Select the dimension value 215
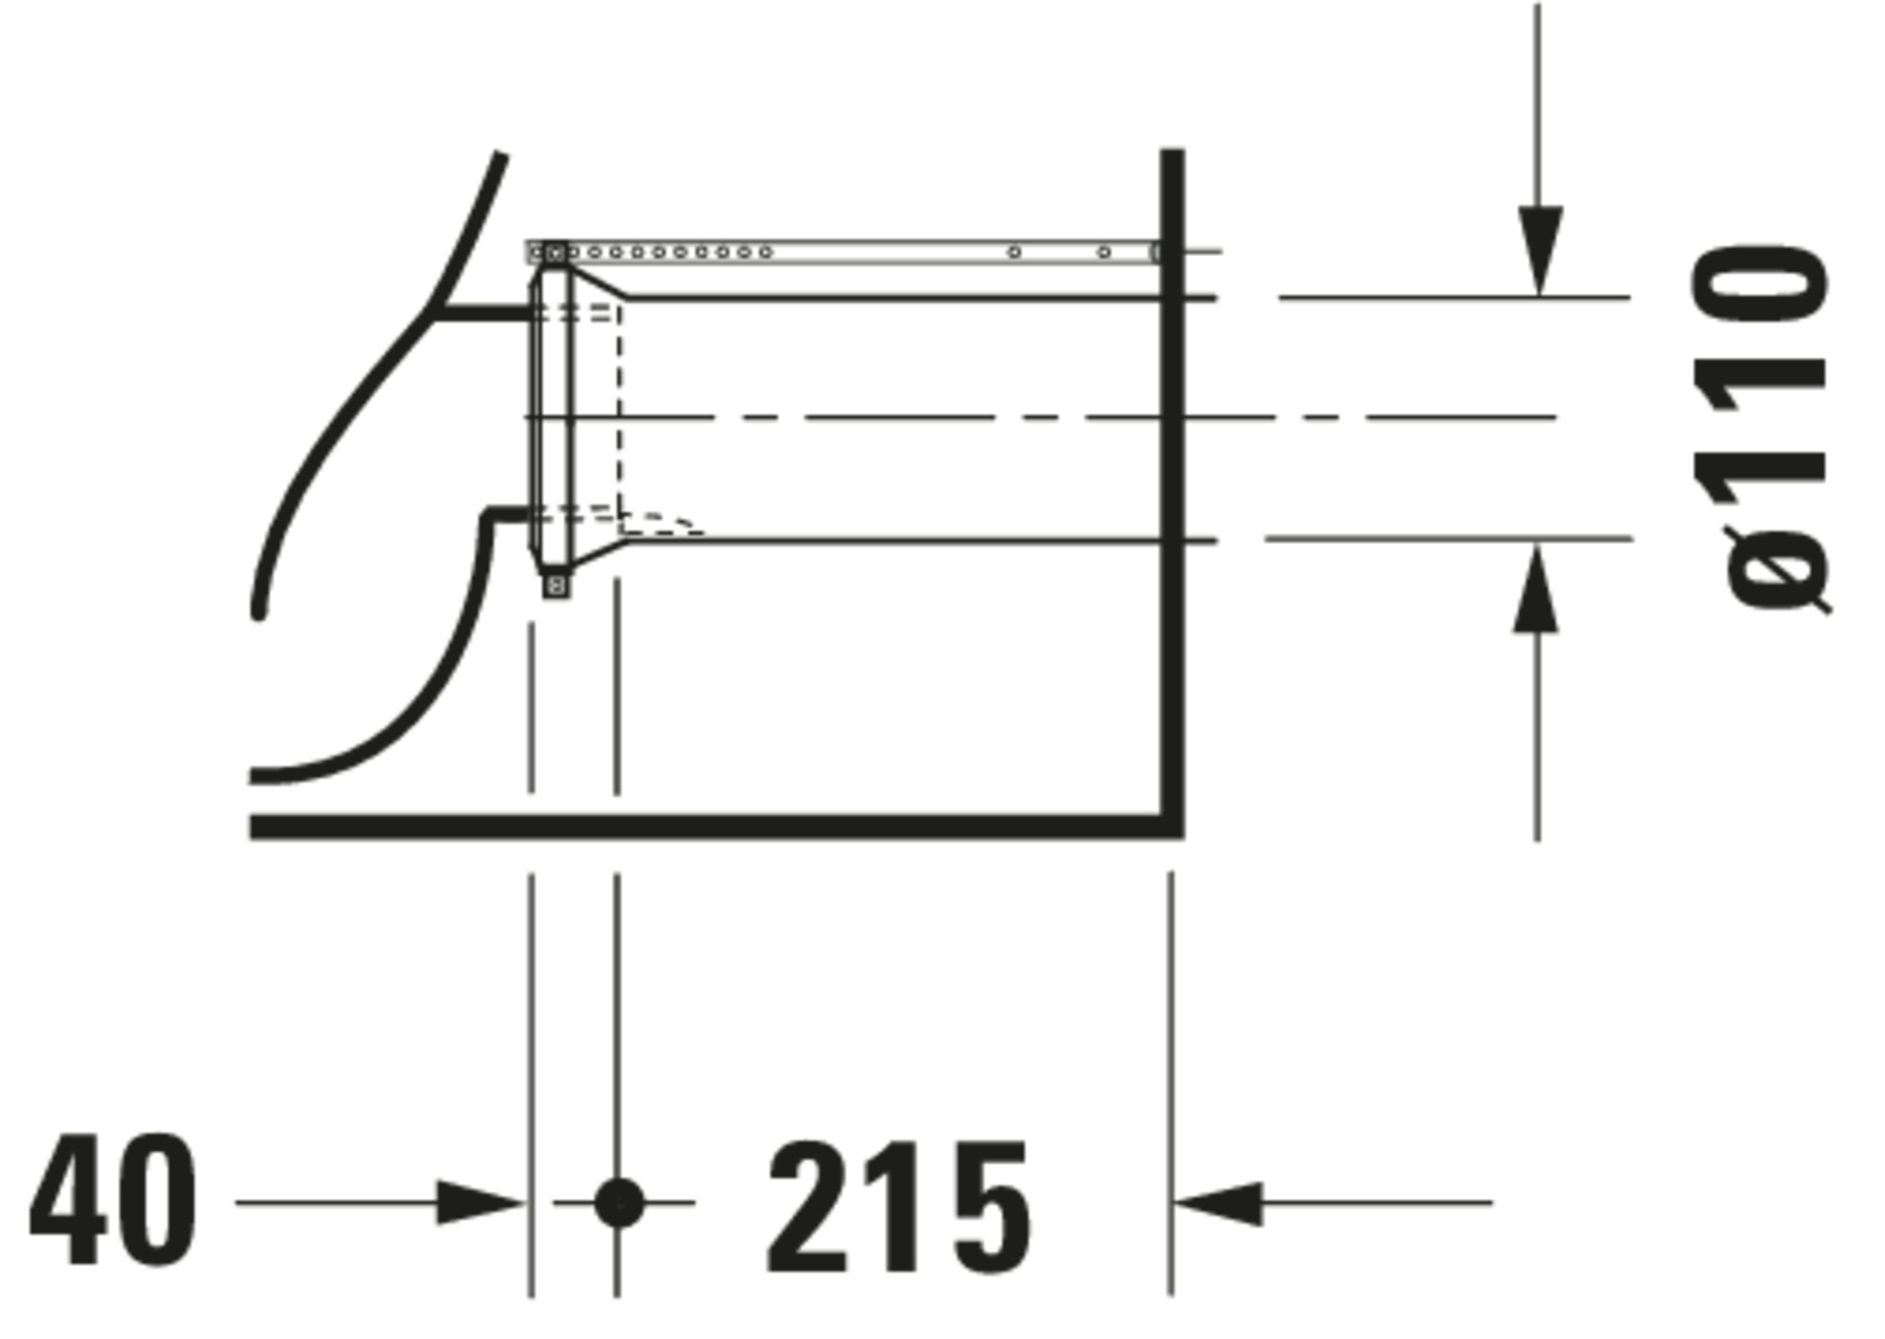click(899, 1207)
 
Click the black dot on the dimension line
click(618, 1202)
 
